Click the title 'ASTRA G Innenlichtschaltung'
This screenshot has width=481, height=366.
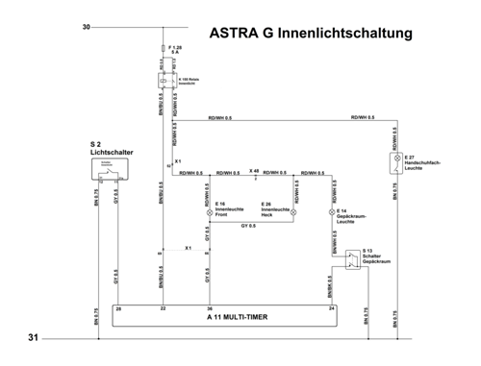(x=310, y=34)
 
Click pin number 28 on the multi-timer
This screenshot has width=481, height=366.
(x=118, y=308)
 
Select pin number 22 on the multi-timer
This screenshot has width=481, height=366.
(x=164, y=308)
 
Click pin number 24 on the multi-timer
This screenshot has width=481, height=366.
(x=333, y=308)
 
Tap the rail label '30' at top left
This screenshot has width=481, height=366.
(x=87, y=27)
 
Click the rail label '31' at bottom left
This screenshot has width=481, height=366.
(x=33, y=339)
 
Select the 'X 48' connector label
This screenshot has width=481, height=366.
(x=253, y=170)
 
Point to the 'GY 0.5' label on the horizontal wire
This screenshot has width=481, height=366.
(x=248, y=225)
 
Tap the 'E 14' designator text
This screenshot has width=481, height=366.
(x=342, y=210)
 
